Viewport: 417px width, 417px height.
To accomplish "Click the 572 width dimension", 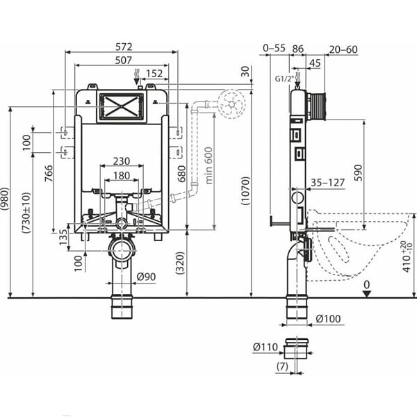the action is point(124,47).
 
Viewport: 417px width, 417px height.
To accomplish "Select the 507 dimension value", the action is point(123,60).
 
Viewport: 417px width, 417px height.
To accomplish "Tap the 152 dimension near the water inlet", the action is point(154,74).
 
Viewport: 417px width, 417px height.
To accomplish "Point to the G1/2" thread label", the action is point(285,79).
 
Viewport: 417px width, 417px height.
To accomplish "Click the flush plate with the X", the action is point(121,106).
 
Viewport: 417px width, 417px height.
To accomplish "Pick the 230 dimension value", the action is point(122,161).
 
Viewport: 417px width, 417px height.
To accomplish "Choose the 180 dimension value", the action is point(122,176).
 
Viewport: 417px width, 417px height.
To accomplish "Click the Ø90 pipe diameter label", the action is point(146,277).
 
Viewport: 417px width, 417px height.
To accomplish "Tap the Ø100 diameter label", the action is point(328,318).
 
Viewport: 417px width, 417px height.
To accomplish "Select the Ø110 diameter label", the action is point(265,347).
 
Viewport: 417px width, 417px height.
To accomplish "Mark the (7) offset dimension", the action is point(282,367).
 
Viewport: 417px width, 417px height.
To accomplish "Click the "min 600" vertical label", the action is point(209,165).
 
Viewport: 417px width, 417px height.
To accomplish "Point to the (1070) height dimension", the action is point(246,190).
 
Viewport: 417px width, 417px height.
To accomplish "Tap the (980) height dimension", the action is point(5,198).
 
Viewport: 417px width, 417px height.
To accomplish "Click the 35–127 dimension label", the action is point(327,183).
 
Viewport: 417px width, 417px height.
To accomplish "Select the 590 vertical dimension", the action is point(358,173).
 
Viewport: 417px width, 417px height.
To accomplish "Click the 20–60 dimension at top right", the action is point(343,49).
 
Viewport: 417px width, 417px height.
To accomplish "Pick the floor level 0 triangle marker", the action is point(367,294).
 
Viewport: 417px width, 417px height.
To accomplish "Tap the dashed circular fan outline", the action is point(231,104).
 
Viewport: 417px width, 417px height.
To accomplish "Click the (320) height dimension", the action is point(180,263).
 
